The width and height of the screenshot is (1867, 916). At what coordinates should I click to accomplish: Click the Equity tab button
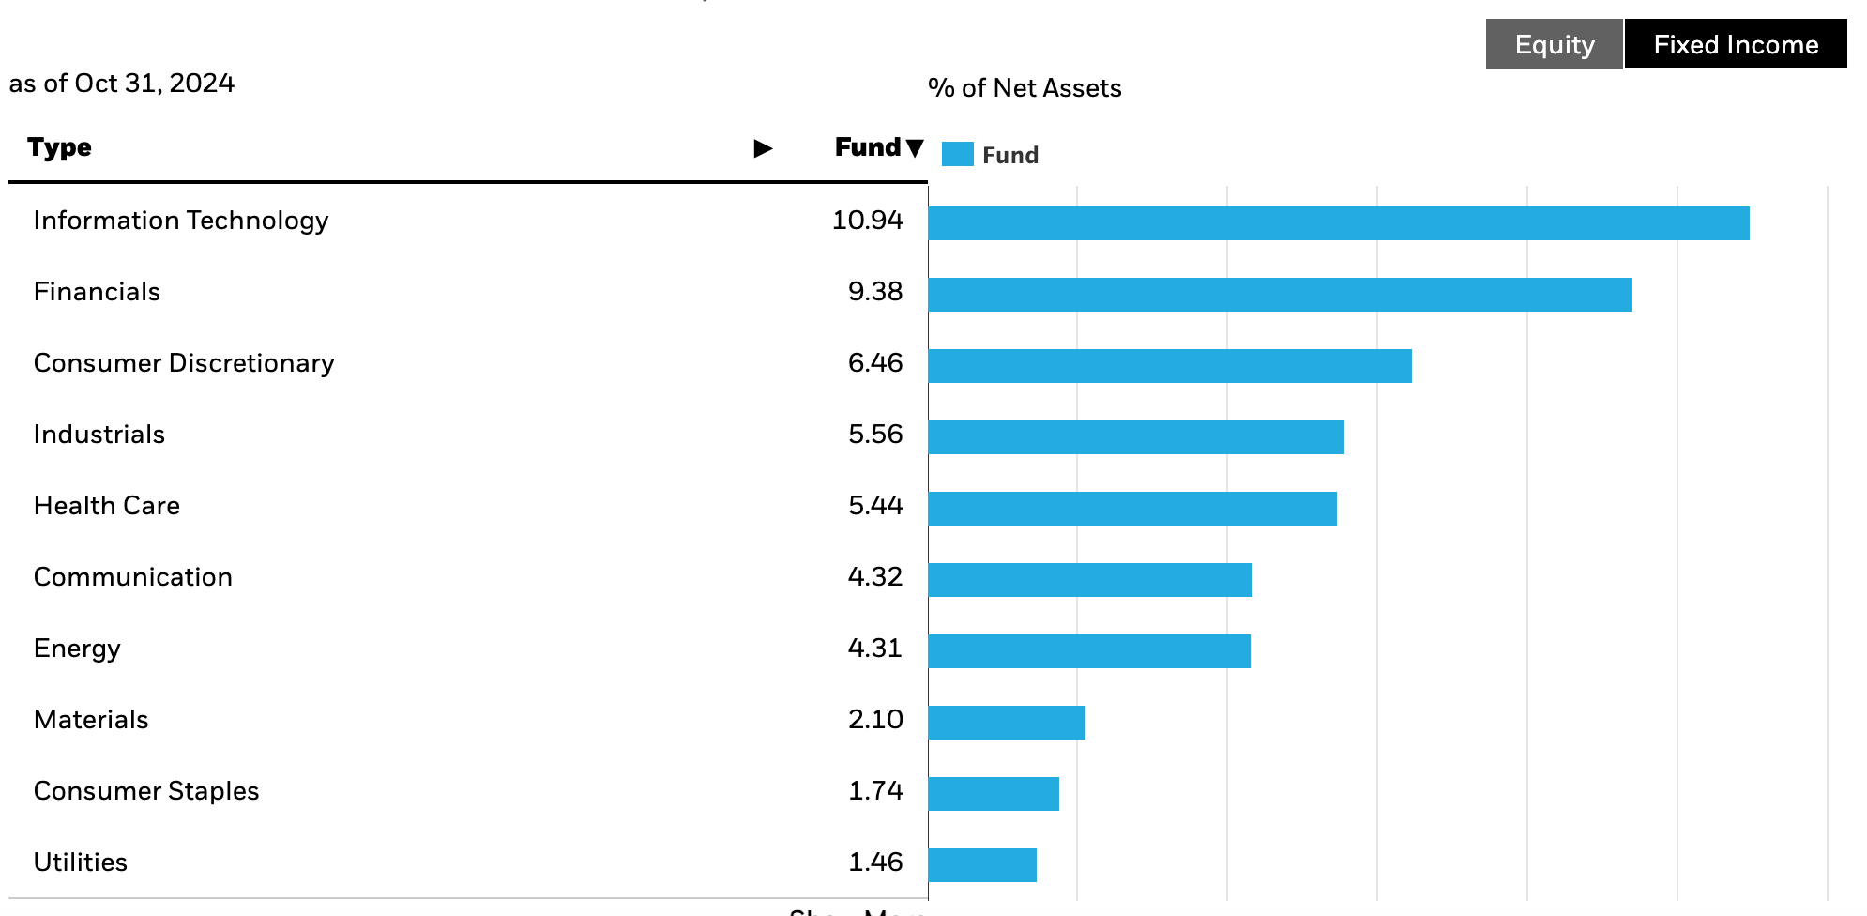(x=1554, y=44)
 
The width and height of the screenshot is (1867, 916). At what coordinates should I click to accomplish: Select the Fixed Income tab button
(x=1735, y=44)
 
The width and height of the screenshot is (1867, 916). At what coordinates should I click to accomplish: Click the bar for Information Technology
(x=1338, y=223)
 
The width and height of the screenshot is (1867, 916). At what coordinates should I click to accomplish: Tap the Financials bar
(x=1279, y=295)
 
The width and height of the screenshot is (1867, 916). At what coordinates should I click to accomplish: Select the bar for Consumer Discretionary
(x=1169, y=366)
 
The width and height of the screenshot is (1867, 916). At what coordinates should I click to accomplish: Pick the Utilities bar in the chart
(x=981, y=865)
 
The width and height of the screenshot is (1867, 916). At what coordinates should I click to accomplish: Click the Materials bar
(x=1006, y=723)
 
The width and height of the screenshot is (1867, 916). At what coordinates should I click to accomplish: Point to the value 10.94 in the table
(x=867, y=221)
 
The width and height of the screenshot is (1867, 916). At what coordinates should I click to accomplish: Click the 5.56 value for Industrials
(x=874, y=435)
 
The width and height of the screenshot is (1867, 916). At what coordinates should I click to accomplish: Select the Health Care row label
(x=107, y=506)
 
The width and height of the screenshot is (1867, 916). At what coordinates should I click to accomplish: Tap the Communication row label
(x=133, y=577)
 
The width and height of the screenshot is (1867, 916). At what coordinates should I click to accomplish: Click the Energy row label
(x=77, y=649)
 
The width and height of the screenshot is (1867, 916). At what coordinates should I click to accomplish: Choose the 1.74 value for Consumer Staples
(x=874, y=791)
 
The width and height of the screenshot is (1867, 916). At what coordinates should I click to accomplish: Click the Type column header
(x=59, y=147)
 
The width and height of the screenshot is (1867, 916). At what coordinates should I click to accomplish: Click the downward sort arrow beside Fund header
(x=915, y=148)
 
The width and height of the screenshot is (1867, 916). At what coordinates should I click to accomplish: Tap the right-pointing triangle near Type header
(x=763, y=148)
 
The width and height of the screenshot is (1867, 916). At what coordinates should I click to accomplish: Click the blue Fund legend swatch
(x=957, y=155)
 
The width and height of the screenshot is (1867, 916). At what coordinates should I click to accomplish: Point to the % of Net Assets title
(x=1025, y=88)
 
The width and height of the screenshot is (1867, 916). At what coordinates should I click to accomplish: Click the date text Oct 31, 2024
(x=154, y=84)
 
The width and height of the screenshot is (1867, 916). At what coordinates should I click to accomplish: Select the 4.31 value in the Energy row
(x=874, y=649)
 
